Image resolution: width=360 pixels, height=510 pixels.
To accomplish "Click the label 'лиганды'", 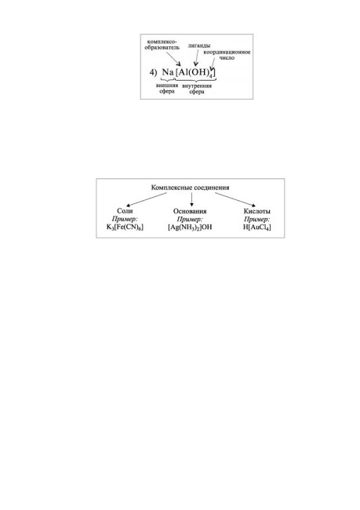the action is pos(198,46).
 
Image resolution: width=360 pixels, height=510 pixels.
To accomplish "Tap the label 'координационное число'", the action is pos(227,55).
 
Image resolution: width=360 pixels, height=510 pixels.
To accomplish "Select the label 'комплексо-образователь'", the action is pos(162,45).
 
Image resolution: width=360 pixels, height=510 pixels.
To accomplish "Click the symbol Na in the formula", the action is pos(168,72).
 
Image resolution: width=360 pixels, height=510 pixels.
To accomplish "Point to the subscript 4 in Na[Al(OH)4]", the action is pos(211,76).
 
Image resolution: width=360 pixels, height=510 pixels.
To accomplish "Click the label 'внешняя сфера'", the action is pos(167,88).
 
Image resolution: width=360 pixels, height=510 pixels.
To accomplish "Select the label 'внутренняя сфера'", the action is pos(197,89).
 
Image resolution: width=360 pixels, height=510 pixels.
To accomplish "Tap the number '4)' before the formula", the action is pos(153,72).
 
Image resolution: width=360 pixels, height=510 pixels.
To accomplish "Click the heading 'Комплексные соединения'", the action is pos(191,188).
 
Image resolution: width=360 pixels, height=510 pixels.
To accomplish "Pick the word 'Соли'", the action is pos(125,211).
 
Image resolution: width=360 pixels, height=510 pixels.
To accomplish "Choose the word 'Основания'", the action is pos(190,211).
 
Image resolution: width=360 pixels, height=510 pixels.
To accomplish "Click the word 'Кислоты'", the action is pos(257,211).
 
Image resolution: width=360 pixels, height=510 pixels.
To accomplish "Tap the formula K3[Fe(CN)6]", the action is pos(125,227).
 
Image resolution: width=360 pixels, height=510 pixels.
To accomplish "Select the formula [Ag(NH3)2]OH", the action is pos(190,227).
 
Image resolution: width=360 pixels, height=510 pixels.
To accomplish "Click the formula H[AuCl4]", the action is pos(257,227).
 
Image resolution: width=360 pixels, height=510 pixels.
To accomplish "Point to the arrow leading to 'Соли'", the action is pos(147,199).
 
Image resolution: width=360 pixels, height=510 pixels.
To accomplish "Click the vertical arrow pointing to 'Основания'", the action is pos(191,199).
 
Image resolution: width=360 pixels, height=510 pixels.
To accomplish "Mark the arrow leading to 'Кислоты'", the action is pos(235,199).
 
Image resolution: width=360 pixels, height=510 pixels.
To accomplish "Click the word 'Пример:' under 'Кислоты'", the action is pos(257,219).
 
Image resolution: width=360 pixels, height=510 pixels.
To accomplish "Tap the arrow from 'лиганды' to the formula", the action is pos(197,57).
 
